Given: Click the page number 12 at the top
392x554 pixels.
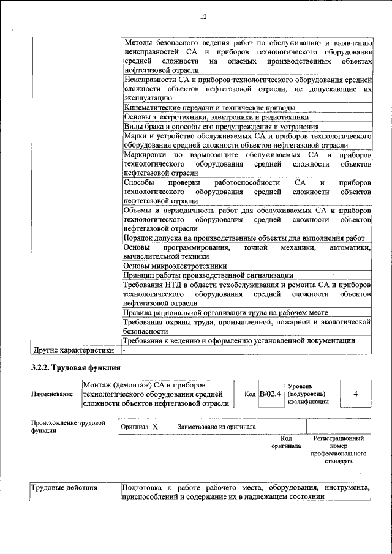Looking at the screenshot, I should pyautogui.click(x=203, y=17).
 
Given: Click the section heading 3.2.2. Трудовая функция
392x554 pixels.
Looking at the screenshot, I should pyautogui.click(x=76, y=368).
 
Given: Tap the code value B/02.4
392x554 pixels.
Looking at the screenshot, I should pyautogui.click(x=269, y=394).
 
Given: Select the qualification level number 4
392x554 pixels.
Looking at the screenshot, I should pyautogui.click(x=355, y=394).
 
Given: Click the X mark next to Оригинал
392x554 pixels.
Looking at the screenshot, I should pyautogui.click(x=155, y=426).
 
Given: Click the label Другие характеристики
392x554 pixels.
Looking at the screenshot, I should pyautogui.click(x=73, y=351).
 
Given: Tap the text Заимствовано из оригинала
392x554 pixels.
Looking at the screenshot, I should pyautogui.click(x=217, y=426).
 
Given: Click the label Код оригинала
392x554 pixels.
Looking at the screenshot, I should pyautogui.click(x=285, y=442).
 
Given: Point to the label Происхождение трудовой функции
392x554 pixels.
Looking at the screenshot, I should pyautogui.click(x=67, y=426).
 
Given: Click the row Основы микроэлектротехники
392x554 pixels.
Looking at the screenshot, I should pyautogui.click(x=175, y=266).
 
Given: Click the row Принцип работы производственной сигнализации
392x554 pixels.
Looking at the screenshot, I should pyautogui.click(x=208, y=275).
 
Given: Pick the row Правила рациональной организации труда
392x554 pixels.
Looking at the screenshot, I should pyautogui.click(x=226, y=312).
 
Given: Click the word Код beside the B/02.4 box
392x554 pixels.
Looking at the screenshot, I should pyautogui.click(x=250, y=394).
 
